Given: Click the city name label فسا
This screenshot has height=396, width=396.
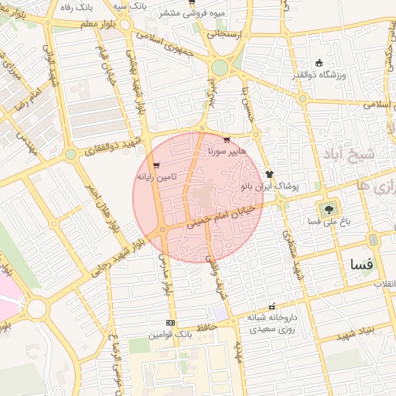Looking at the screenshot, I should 362,265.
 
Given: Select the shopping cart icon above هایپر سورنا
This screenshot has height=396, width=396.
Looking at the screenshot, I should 226,140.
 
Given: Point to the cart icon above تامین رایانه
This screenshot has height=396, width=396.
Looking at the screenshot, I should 157,165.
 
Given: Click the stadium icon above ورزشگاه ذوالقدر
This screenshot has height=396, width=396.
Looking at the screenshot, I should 319,63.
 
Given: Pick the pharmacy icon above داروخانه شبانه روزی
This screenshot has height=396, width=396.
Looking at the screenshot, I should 271,306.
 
